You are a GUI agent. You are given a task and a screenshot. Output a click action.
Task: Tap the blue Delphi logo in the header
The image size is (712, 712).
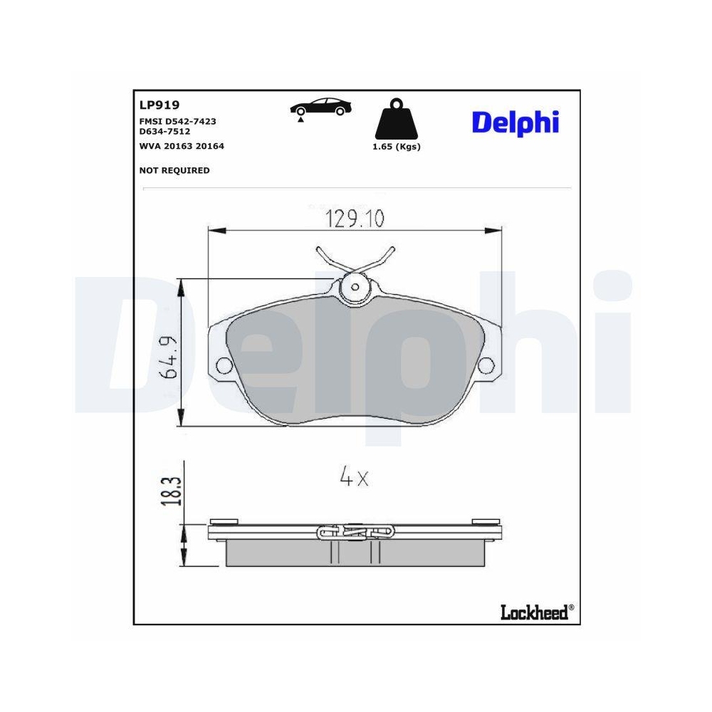(515, 122)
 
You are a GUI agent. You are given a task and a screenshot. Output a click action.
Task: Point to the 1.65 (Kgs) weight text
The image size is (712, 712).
(397, 147)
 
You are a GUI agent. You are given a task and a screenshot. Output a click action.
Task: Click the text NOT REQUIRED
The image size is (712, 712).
(174, 170)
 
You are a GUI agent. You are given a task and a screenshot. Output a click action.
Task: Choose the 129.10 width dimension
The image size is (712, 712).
(354, 219)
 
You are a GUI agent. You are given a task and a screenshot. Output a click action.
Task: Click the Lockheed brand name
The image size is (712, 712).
(534, 612)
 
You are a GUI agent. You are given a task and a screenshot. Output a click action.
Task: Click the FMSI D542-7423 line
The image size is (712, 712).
(178, 121)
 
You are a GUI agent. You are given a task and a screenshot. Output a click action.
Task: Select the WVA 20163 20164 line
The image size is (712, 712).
(182, 145)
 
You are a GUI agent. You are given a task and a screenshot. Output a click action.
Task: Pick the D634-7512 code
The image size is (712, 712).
(164, 131)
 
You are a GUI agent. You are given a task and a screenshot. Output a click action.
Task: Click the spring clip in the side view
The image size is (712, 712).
(355, 531)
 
